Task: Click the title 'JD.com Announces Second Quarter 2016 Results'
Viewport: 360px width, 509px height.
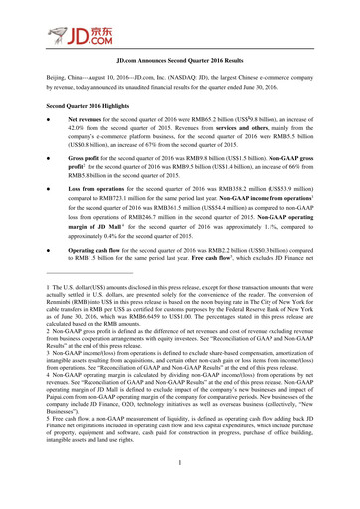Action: (179, 87)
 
